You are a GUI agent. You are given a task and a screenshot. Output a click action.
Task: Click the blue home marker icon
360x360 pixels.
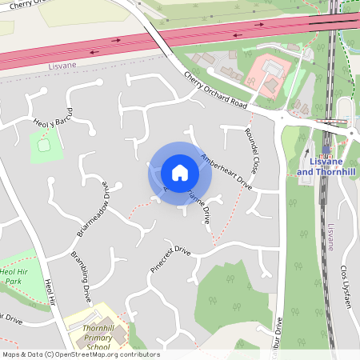[x=180, y=172]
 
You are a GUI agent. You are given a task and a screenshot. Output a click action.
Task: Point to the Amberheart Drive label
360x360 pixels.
[x=226, y=171]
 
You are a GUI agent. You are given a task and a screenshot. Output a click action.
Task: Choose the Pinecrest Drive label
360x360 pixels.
[x=170, y=261]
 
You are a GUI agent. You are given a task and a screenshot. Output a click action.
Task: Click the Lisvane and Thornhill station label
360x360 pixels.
[x=327, y=167]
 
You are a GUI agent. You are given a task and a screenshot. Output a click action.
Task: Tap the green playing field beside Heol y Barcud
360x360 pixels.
[x=46, y=145]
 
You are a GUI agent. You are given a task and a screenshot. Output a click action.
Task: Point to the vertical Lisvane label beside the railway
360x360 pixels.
[x=330, y=237]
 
